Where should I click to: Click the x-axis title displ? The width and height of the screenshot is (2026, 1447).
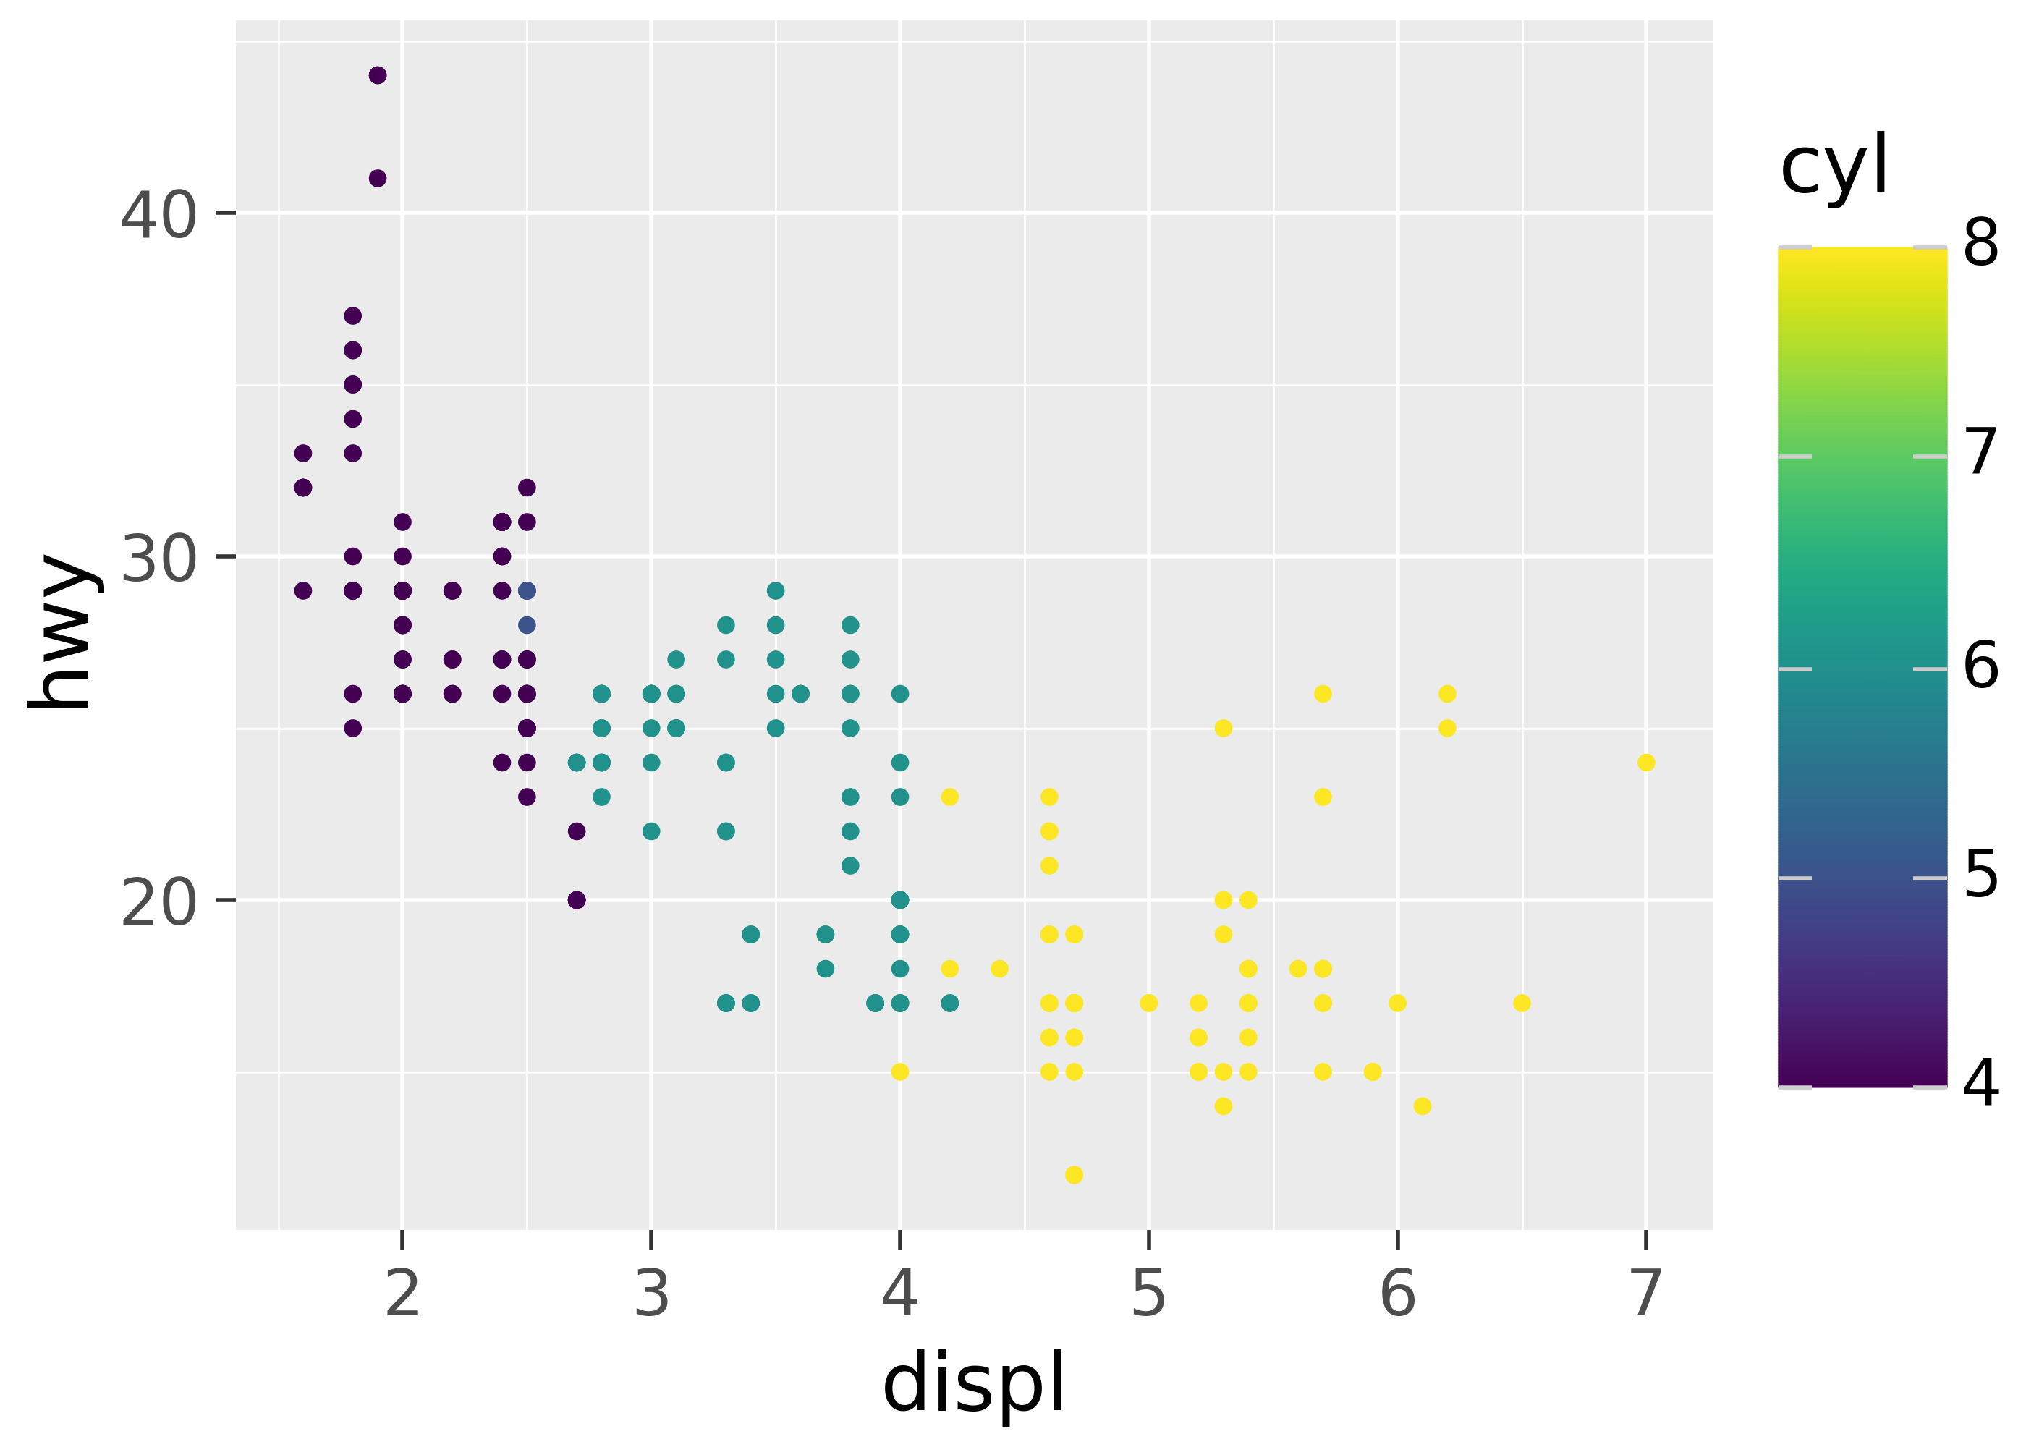974,1382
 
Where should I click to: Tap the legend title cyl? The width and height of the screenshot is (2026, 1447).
1834,166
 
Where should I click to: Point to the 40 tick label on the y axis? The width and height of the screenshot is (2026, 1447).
158,215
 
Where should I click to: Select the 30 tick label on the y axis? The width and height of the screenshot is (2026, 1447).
158,559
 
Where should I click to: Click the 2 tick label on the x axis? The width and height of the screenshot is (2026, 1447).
403,1293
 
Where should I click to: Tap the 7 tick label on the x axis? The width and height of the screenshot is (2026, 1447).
1646,1293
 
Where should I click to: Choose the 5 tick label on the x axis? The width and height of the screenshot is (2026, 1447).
1148,1293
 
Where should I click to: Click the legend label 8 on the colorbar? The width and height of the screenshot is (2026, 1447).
1980,242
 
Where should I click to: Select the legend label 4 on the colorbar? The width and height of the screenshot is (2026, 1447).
1980,1084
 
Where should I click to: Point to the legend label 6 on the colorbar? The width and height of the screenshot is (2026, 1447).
1980,666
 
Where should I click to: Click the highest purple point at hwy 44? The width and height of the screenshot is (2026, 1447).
378,75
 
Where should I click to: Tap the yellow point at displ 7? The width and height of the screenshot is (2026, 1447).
1646,763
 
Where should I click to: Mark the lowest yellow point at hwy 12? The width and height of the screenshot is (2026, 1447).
1075,1175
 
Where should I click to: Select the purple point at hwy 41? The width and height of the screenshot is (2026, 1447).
378,178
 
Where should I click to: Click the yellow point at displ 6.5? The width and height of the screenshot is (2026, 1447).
1522,1003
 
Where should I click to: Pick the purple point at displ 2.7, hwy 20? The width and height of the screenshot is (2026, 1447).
577,900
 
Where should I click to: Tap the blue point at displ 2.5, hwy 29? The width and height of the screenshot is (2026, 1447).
527,591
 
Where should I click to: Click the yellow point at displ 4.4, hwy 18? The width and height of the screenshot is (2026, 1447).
1000,969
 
